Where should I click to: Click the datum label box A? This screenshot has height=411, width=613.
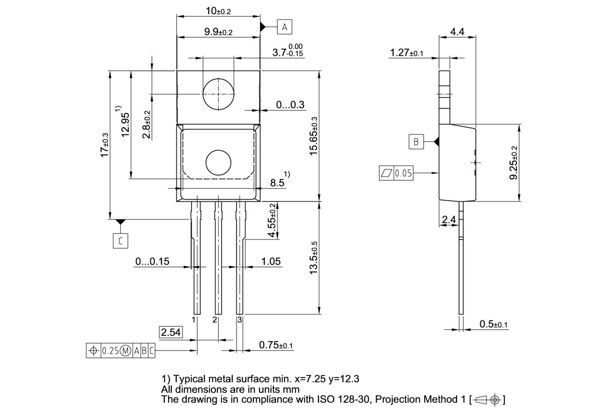284,27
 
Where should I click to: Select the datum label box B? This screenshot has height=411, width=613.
416,142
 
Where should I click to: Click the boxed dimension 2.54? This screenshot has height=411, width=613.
171,332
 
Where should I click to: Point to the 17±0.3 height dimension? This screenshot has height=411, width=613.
104,145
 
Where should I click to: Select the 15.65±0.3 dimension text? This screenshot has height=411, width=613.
313,136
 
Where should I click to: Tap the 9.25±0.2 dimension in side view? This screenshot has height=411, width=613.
513,163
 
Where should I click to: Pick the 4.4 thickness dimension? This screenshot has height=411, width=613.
457,32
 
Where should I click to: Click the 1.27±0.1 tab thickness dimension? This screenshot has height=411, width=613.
407,53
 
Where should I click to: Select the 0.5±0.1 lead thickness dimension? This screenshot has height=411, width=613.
493,324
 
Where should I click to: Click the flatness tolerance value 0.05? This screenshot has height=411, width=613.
403,173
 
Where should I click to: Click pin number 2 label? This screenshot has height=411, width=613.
215,319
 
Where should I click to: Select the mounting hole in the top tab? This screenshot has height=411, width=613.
218,94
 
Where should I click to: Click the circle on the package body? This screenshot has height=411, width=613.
218,162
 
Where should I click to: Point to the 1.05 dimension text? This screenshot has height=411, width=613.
271,262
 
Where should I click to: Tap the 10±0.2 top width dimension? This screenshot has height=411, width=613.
217,11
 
